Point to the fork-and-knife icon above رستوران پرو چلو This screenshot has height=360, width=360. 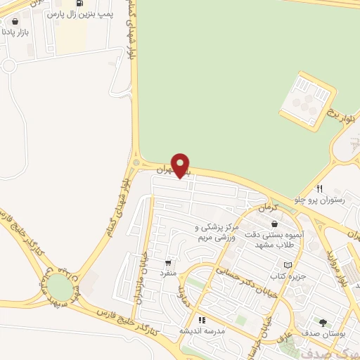319,188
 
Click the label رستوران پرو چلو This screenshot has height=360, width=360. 328,200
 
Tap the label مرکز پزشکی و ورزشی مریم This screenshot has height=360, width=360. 217,233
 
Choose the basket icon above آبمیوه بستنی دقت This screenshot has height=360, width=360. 274,224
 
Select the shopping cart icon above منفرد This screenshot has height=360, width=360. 167,262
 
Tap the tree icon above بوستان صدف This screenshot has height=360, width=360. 322,323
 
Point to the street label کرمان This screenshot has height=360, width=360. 269,208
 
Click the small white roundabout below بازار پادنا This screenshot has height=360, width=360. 8,66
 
